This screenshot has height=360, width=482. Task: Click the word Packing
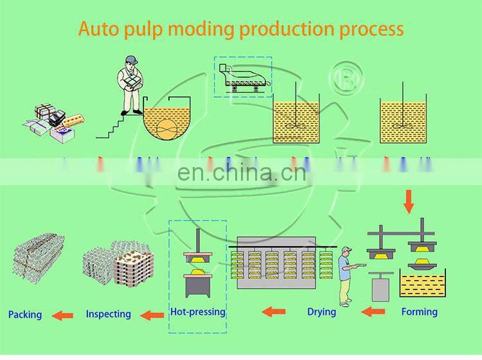(25, 314)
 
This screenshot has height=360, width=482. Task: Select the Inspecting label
(108, 314)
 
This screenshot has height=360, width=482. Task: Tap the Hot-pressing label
(198, 312)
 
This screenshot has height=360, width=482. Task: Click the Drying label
(321, 312)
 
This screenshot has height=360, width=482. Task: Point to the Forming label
(419, 312)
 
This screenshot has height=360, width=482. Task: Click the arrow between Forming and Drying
(373, 312)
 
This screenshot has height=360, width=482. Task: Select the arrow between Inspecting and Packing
(62, 315)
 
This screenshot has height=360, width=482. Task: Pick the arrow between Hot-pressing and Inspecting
(152, 315)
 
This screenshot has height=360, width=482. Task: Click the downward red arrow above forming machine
(408, 201)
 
